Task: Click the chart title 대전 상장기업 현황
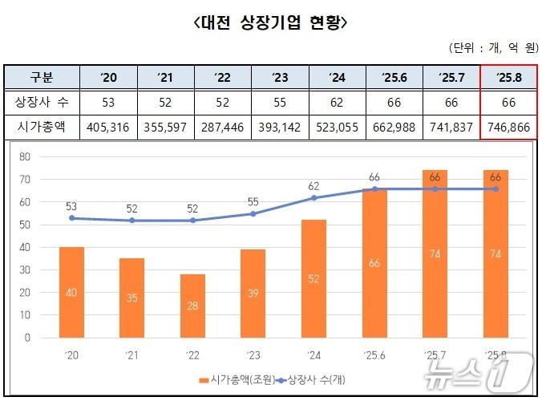(x=271, y=22)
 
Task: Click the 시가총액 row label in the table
(x=42, y=127)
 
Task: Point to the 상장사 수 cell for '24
(x=337, y=102)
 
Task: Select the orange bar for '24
(x=313, y=278)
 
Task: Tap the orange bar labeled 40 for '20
(x=72, y=292)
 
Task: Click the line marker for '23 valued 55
(x=253, y=213)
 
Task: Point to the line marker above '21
(x=132, y=220)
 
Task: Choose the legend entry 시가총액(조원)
(x=233, y=377)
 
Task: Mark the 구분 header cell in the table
(x=42, y=78)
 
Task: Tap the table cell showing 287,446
(x=223, y=127)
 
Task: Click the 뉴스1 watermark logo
(x=500, y=371)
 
